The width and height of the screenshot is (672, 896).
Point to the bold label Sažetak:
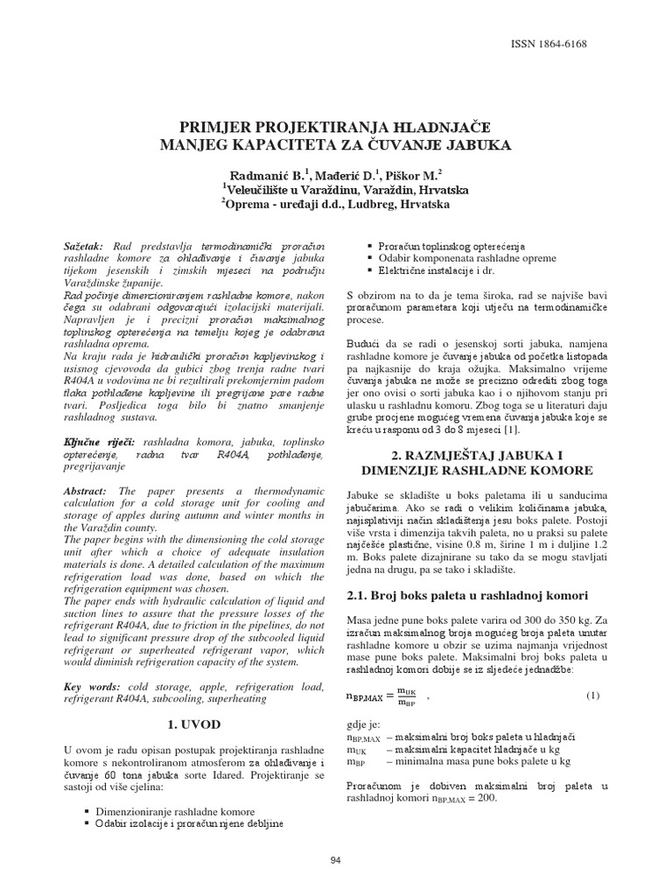84,248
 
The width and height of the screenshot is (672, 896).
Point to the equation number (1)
593,696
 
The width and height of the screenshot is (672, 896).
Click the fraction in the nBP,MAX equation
407,696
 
